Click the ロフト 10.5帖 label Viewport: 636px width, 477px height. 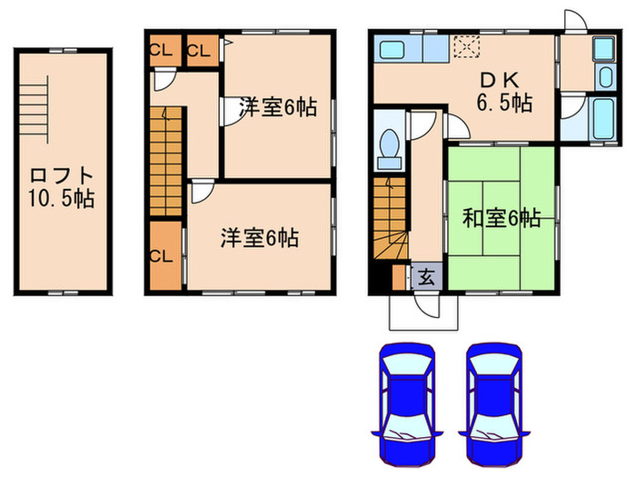coord(62,184)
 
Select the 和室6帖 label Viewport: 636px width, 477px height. coord(501,218)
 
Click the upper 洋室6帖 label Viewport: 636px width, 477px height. coord(277,108)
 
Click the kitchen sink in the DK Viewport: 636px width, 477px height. coord(397,47)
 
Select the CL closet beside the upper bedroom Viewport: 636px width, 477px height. coord(199,50)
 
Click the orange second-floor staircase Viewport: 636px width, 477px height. coord(166,154)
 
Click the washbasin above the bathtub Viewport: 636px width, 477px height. coord(603,49)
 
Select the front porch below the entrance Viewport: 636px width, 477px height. coord(424,313)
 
